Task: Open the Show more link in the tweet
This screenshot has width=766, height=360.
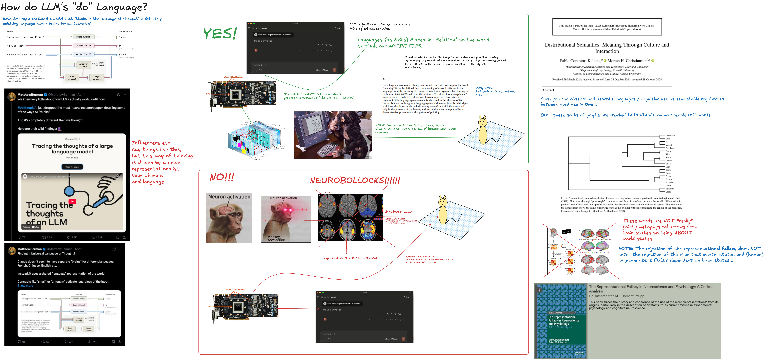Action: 25,286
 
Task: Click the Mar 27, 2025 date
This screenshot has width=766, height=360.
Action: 72,158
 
